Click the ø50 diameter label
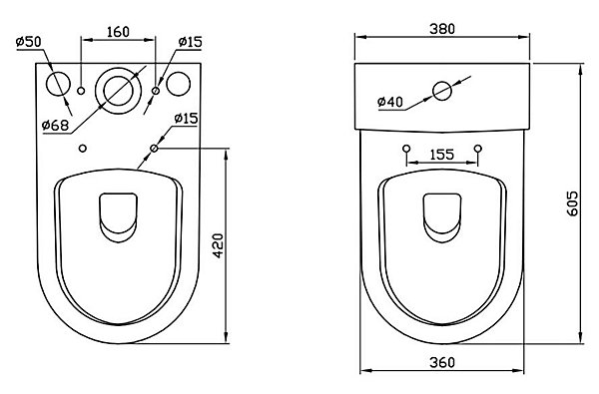tap(29, 41)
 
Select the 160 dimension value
tap(118, 32)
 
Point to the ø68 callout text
tap(55, 125)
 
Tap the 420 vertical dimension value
tap(218, 245)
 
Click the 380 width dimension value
tap(442, 29)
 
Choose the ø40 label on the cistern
tap(390, 102)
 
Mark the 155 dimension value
tap(442, 155)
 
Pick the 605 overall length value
tap(573, 203)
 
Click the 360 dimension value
tap(442, 362)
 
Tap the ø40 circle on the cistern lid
tap(442, 91)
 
